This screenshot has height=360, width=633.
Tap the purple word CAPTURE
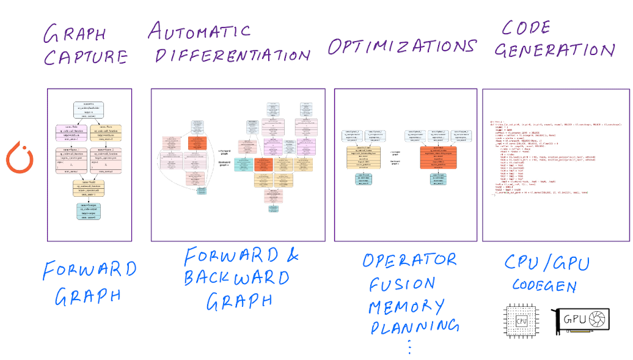pyautogui.click(x=85, y=57)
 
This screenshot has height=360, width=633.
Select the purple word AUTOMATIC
pyautogui.click(x=200, y=31)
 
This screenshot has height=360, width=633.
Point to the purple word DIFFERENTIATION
pyautogui.click(x=232, y=54)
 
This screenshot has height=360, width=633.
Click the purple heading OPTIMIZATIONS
pyautogui.click(x=401, y=46)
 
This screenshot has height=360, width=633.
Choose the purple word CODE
pyautogui.click(x=526, y=28)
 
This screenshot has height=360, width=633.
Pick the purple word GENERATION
pyautogui.click(x=554, y=50)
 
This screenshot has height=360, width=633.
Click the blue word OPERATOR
pyautogui.click(x=409, y=260)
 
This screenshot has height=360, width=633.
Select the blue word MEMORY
pyautogui.click(x=406, y=306)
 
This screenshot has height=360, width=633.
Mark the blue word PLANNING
pyautogui.click(x=414, y=326)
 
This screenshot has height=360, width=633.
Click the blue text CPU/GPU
pyautogui.click(x=546, y=263)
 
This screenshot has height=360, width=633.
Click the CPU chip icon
pyautogui.click(x=521, y=320)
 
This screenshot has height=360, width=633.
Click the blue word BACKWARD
pyautogui.click(x=236, y=278)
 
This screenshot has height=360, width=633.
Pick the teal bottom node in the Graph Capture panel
pyautogui.click(x=89, y=210)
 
